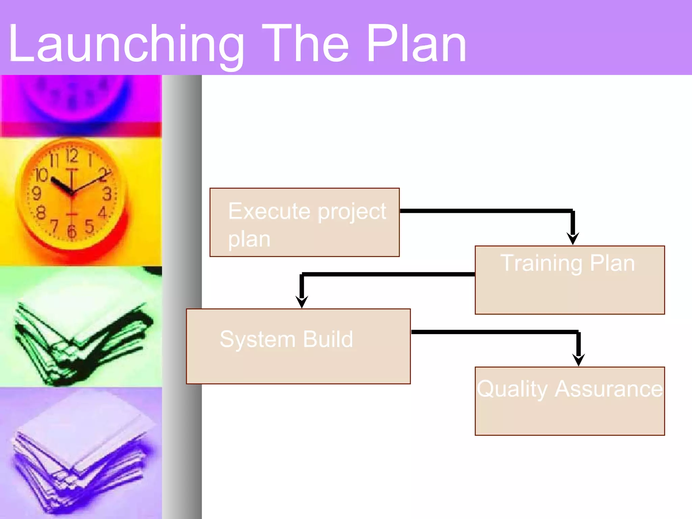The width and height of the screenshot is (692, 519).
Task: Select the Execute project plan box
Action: tap(304, 222)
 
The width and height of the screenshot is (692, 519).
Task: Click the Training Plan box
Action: tap(570, 280)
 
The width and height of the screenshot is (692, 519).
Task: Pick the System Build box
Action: tap(298, 346)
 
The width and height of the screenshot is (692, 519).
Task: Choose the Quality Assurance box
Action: tap(570, 401)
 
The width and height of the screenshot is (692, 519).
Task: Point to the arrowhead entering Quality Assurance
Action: tap(578, 360)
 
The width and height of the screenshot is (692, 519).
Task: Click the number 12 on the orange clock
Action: tap(72, 156)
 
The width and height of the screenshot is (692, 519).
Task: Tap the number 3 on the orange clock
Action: tap(107, 194)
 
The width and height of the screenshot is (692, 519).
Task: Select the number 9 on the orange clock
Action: tap(36, 194)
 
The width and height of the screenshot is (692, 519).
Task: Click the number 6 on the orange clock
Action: tap(72, 232)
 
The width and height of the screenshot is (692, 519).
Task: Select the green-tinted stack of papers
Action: tap(81, 341)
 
